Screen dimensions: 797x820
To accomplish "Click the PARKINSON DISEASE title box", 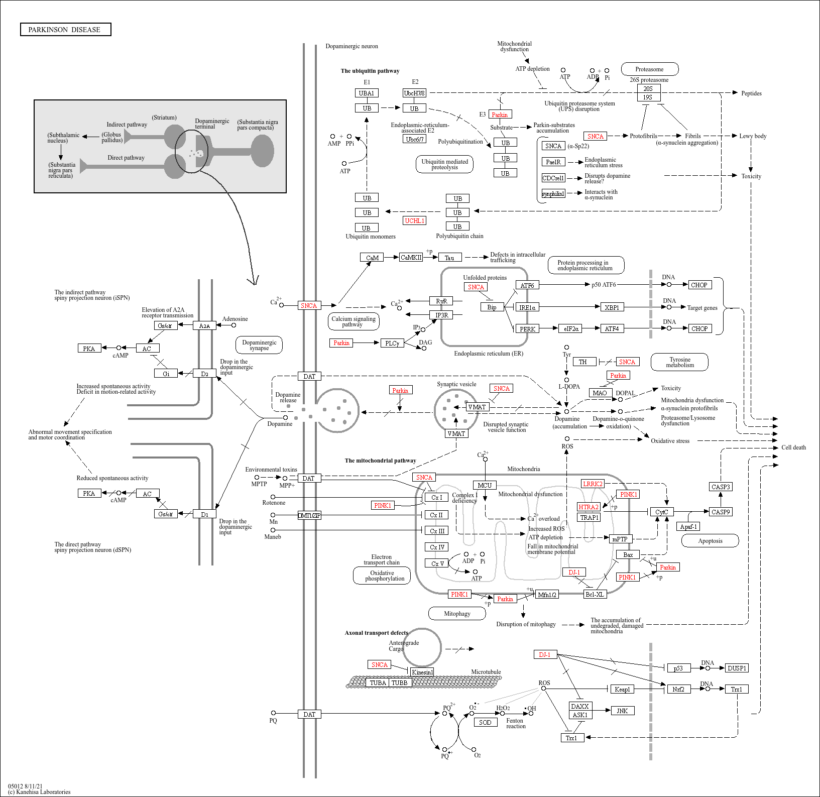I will pyautogui.click(x=65, y=30).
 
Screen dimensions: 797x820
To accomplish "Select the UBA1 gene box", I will pyautogui.click(x=367, y=93).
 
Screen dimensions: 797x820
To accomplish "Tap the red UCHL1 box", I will pyautogui.click(x=415, y=220).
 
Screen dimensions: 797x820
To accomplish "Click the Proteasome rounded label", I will pyautogui.click(x=649, y=69).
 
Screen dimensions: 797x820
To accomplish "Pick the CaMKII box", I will pyautogui.click(x=411, y=257).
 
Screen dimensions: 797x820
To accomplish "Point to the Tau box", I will pyautogui.click(x=449, y=258).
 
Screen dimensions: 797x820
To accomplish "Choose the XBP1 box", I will pyautogui.click(x=612, y=307).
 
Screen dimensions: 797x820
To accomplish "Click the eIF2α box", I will pyautogui.click(x=571, y=328).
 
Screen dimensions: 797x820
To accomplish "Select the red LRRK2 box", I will pyautogui.click(x=593, y=484).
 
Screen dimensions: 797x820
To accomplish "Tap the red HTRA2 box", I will pyautogui.click(x=589, y=507).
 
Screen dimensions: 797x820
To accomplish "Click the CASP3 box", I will pyautogui.click(x=721, y=487).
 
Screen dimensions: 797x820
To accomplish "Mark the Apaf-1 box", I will pyautogui.click(x=688, y=526).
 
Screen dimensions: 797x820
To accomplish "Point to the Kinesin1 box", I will pyautogui.click(x=422, y=672).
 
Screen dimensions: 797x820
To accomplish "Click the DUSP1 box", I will pyautogui.click(x=737, y=668).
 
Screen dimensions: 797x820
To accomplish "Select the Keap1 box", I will pyautogui.click(x=622, y=689).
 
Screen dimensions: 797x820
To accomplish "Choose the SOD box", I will pyautogui.click(x=485, y=722).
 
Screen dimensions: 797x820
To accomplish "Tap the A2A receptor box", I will pyautogui.click(x=204, y=325).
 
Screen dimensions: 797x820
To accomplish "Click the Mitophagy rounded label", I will pyautogui.click(x=457, y=613).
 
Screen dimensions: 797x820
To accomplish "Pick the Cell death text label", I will pyautogui.click(x=793, y=447).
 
